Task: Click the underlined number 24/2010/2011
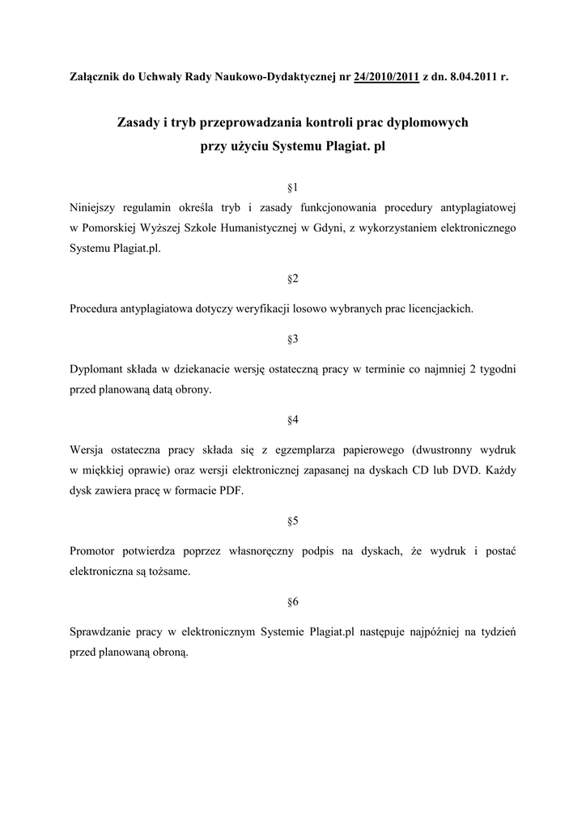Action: (x=386, y=78)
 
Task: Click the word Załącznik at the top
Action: (x=93, y=78)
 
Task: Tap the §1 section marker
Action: (x=293, y=187)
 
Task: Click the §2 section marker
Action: (x=293, y=278)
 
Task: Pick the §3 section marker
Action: (x=293, y=338)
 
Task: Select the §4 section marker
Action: (x=293, y=419)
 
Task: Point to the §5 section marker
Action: (x=293, y=521)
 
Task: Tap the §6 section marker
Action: (x=293, y=602)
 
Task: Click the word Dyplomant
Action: (x=96, y=369)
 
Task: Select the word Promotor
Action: (x=95, y=551)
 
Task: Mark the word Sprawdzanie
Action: (x=101, y=632)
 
